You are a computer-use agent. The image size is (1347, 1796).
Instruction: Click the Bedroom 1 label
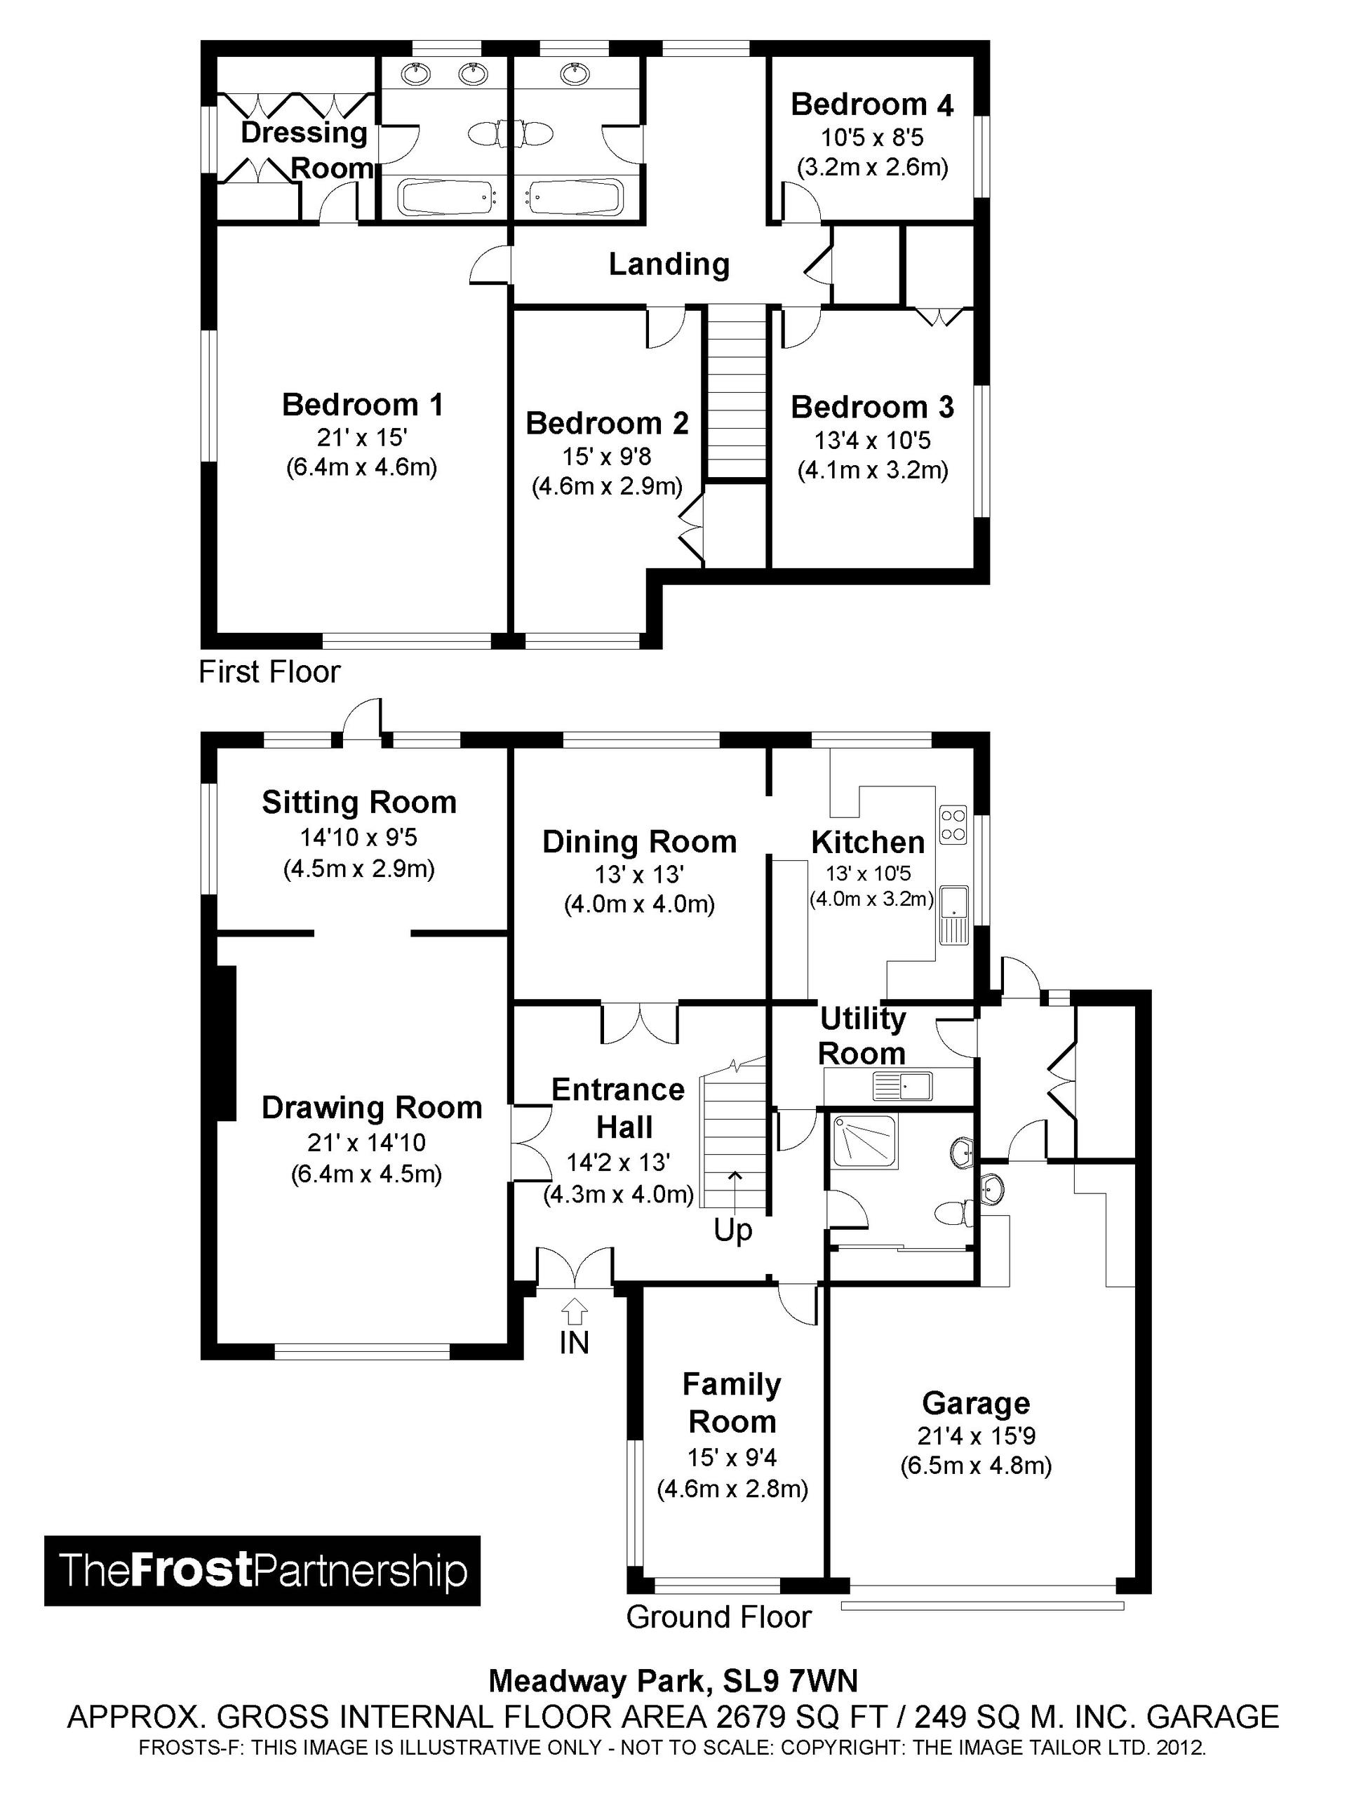(x=362, y=404)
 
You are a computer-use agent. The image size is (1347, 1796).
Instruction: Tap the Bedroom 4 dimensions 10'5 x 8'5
(x=872, y=138)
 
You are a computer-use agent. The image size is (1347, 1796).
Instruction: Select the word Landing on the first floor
(x=669, y=264)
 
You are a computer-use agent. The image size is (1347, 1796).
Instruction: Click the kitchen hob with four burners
(x=953, y=824)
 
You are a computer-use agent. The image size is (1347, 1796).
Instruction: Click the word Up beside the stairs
(x=732, y=1231)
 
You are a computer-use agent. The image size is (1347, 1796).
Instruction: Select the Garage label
(x=976, y=1403)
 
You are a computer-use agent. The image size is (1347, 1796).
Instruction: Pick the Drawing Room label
(x=372, y=1108)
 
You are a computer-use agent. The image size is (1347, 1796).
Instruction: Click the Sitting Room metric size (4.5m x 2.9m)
(x=359, y=869)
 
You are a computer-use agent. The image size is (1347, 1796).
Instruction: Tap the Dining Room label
(x=639, y=842)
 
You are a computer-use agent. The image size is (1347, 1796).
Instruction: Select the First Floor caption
(x=269, y=672)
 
